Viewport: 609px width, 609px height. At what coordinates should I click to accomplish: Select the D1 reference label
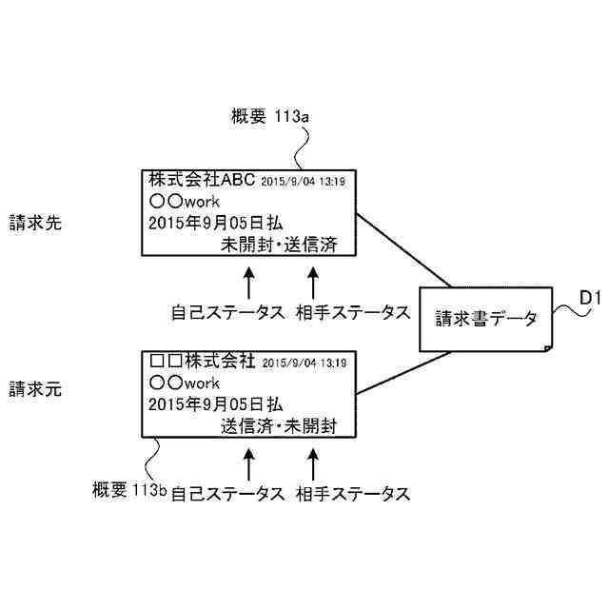pos(590,302)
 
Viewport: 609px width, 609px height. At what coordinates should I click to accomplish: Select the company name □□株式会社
pos(202,362)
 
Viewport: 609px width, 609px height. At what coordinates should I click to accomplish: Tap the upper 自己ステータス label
pos(227,312)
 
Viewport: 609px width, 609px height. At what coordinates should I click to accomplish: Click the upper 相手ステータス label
pos(352,312)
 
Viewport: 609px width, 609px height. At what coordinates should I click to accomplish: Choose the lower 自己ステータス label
pos(227,494)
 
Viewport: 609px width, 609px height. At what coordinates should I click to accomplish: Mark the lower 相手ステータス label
pos(352,494)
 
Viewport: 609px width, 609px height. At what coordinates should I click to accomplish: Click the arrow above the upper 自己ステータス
pos(249,283)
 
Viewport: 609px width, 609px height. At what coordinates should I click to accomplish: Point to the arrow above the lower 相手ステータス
pos(315,463)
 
